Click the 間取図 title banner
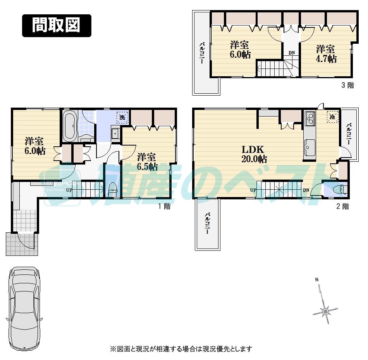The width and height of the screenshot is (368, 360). tap(57, 26)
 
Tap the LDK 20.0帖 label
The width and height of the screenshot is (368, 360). tap(254, 154)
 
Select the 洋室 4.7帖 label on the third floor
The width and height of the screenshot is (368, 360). tap(325, 54)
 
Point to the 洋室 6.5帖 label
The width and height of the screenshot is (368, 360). tap(148, 162)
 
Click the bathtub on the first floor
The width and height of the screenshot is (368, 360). tap(70, 126)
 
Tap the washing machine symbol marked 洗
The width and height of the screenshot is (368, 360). tap(122, 117)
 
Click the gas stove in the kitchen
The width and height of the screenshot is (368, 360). tap(310, 118)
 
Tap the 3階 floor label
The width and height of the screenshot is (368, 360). tap(347, 86)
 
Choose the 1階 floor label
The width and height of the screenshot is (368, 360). tap(164, 206)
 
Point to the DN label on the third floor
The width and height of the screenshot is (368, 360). tap(291, 53)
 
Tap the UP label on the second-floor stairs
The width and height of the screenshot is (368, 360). tap(253, 190)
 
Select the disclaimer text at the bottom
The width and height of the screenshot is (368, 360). tap(181, 349)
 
